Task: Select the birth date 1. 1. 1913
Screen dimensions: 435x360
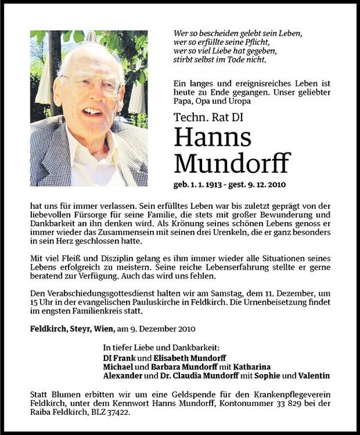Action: pyautogui.click(x=210, y=185)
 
